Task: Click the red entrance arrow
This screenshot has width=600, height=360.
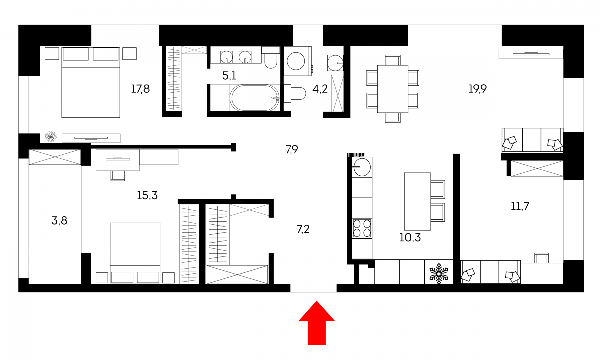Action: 317,323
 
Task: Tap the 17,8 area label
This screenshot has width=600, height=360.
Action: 140,89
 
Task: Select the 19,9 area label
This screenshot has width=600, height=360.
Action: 477,89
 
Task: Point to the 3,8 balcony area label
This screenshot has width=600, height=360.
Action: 59,221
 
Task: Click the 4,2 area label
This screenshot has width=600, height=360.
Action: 320,89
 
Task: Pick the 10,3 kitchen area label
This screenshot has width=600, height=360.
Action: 410,237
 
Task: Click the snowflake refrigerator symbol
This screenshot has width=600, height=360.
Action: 439,274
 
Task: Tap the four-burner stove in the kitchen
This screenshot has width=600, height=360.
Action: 362,228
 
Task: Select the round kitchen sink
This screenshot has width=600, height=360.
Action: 362,167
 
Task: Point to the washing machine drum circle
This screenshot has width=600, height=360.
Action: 296,61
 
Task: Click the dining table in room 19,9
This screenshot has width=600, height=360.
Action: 393,89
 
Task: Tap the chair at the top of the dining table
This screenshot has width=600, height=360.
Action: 393,60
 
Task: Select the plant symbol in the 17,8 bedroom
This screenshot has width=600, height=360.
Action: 51,137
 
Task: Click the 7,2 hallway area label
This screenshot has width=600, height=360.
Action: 303,229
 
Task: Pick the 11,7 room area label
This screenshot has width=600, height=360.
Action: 520,206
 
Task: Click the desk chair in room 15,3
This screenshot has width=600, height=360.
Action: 118,175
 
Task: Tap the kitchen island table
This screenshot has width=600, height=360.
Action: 417,201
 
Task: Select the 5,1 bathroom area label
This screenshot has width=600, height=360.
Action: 229,76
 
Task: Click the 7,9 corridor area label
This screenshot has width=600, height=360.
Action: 292,149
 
